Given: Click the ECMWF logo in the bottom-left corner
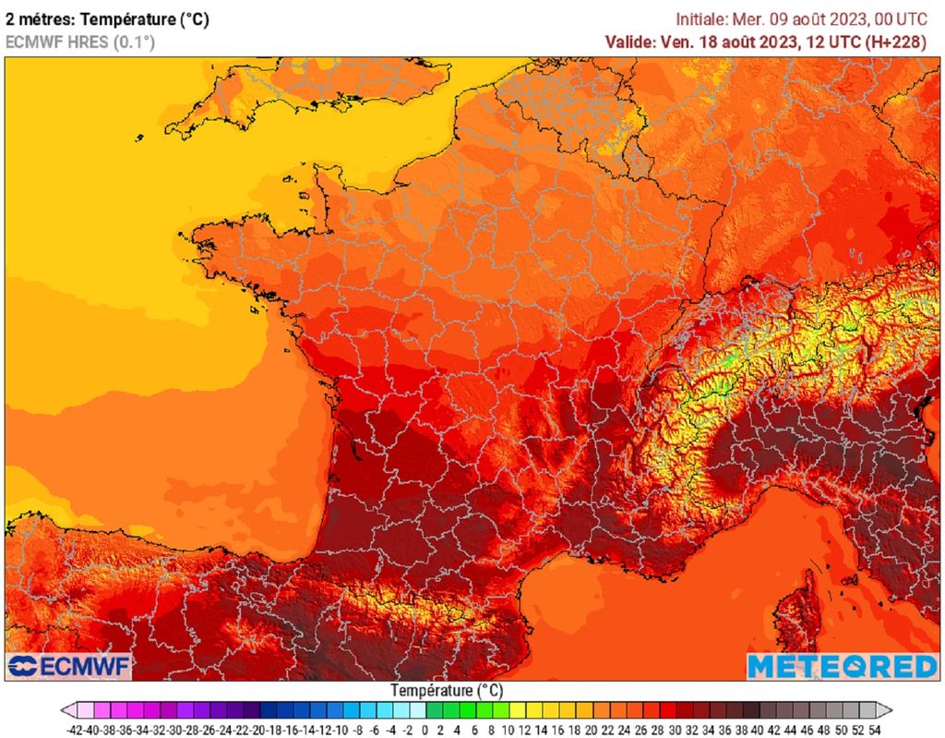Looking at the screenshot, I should (x=69, y=666).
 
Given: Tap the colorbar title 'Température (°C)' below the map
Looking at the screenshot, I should (x=446, y=690).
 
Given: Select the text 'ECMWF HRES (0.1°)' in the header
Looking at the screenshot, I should (x=80, y=42).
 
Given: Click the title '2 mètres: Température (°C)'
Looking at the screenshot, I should (x=107, y=19).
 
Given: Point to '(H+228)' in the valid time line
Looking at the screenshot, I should (x=903, y=42).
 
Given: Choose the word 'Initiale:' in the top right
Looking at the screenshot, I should (x=701, y=19).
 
